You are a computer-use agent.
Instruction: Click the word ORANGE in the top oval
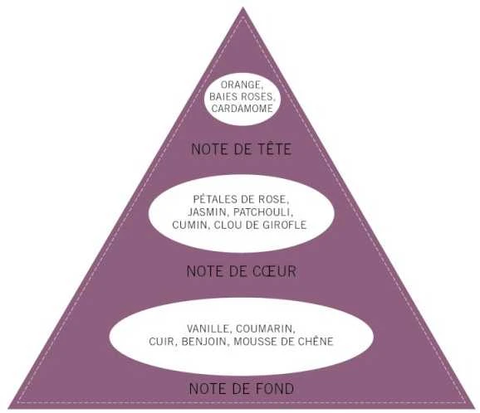pos(240,85)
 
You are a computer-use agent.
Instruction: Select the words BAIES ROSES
pos(241,96)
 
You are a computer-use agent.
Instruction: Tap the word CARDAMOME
pos(242,109)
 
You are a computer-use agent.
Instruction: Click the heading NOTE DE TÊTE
pos(242,148)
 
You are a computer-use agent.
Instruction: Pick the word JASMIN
pos(207,212)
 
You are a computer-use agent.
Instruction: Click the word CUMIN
pos(189,225)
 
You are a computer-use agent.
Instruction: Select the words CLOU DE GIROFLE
pos(260,225)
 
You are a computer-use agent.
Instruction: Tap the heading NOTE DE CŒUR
pos(242,271)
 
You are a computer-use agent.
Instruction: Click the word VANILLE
pos(207,329)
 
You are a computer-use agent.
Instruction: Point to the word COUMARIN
pos(265,329)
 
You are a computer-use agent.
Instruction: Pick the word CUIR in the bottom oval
pos(161,342)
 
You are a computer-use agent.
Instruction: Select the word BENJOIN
pos(203,342)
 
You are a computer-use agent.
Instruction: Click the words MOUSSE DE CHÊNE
pos(283,342)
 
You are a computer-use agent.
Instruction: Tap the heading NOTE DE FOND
pos(242,389)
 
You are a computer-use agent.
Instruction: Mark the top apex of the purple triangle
pos(242,7)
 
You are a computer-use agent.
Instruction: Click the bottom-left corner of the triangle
pos(8,408)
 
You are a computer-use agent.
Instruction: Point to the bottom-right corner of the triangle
pos(475,408)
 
